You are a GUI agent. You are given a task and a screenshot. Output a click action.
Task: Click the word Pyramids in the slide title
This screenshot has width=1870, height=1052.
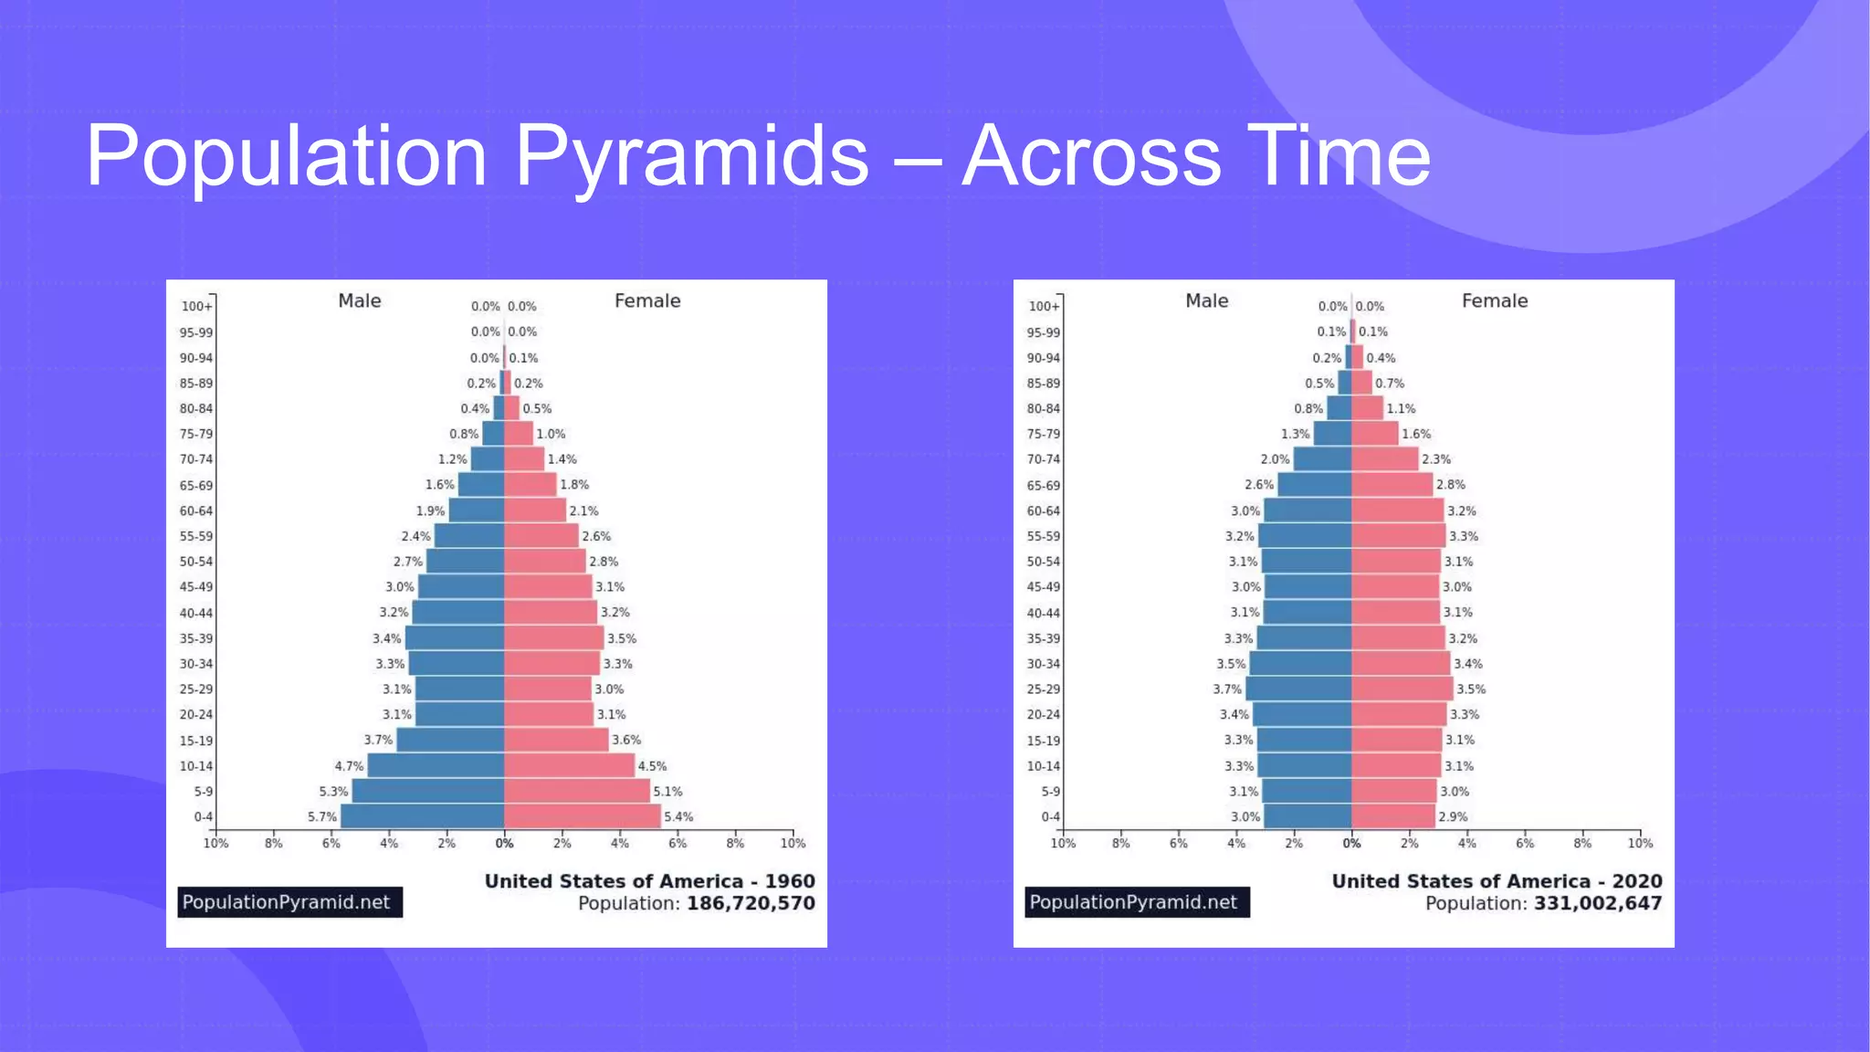[x=691, y=157]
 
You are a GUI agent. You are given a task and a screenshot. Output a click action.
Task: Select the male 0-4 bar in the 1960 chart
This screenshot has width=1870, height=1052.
[x=422, y=816]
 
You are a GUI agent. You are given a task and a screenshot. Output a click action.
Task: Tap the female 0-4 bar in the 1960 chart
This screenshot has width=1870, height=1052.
[x=582, y=816]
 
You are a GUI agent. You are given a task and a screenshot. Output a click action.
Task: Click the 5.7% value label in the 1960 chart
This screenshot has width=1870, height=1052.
[x=321, y=817]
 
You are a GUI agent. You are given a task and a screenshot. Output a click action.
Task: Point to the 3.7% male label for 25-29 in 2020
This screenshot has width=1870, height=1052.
[x=1226, y=689]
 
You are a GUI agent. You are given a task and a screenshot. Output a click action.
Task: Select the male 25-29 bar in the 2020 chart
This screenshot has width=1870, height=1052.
[x=1298, y=689]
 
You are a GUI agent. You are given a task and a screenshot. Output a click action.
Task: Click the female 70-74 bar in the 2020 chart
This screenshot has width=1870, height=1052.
[x=1384, y=459]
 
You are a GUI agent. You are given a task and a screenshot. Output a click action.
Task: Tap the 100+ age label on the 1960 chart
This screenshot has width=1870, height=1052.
[x=195, y=307]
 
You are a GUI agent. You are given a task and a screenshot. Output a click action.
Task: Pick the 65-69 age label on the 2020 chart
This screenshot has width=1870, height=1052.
[x=1043, y=486]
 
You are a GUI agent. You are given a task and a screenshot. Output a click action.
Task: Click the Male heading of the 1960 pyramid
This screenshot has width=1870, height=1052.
[x=359, y=301]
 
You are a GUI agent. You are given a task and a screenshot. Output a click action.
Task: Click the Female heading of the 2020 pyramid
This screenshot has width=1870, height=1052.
[x=1494, y=301]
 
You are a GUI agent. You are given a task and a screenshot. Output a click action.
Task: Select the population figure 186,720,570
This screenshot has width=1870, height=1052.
[x=751, y=904]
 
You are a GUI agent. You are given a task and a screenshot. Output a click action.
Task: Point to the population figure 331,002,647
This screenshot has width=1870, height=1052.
[x=1598, y=904]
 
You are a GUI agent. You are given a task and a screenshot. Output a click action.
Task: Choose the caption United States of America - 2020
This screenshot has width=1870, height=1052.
[x=1497, y=881]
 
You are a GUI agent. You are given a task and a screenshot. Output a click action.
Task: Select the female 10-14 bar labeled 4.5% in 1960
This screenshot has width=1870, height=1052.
[x=569, y=766]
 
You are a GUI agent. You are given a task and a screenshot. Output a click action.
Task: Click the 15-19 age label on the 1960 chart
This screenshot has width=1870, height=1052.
[x=195, y=741]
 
